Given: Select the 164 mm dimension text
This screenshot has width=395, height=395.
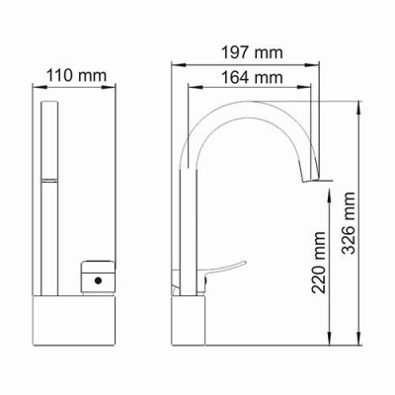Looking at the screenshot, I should [250, 77].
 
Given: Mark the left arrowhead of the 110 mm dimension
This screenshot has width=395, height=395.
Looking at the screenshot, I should [39, 86].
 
